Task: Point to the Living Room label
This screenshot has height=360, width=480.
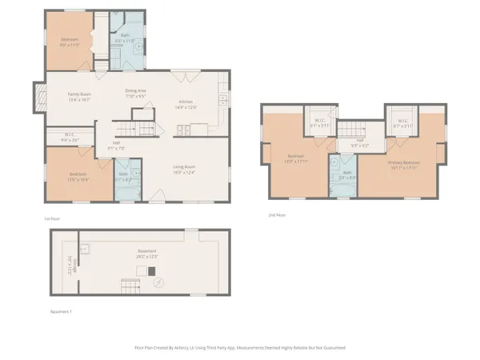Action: (x=185, y=169)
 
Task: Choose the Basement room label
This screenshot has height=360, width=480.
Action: (x=146, y=254)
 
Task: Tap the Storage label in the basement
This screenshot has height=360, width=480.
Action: (x=70, y=261)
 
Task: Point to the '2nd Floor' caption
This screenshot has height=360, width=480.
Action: (x=277, y=214)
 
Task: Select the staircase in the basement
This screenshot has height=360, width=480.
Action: (x=129, y=286)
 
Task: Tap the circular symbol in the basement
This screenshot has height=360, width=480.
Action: (x=158, y=282)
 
